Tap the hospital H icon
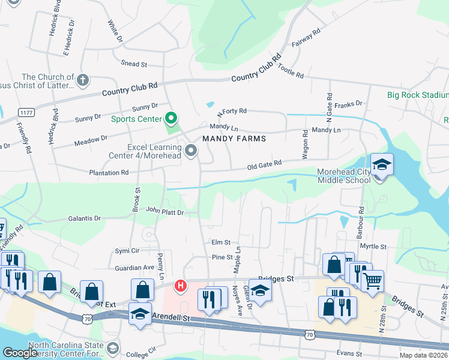point(179,287)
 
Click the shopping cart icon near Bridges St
point(373,280)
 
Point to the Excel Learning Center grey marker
point(191,150)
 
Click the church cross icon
point(83,79)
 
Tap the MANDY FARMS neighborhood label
point(234,139)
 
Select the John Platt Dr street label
point(164,212)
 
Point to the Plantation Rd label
point(108,172)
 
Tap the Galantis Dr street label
point(84,218)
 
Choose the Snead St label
point(134,64)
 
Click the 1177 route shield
point(26,113)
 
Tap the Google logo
point(20,353)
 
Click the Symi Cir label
point(127,250)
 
